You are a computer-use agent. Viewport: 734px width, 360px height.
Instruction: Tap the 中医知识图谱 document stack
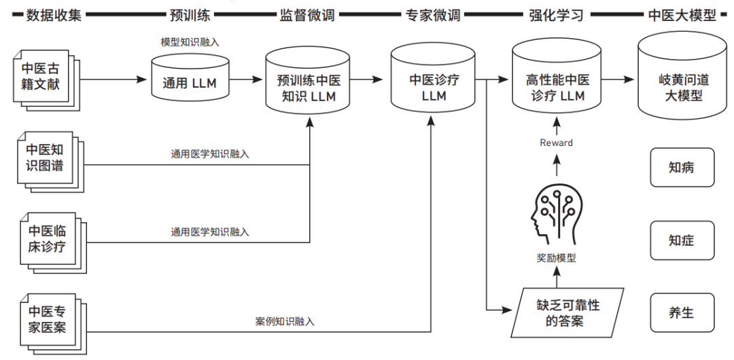click(x=45, y=158)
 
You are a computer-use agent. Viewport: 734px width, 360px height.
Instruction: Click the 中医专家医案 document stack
click(x=45, y=319)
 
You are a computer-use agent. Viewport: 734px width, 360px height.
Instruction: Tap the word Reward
click(x=556, y=143)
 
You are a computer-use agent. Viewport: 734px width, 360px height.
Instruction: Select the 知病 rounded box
click(x=682, y=168)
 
